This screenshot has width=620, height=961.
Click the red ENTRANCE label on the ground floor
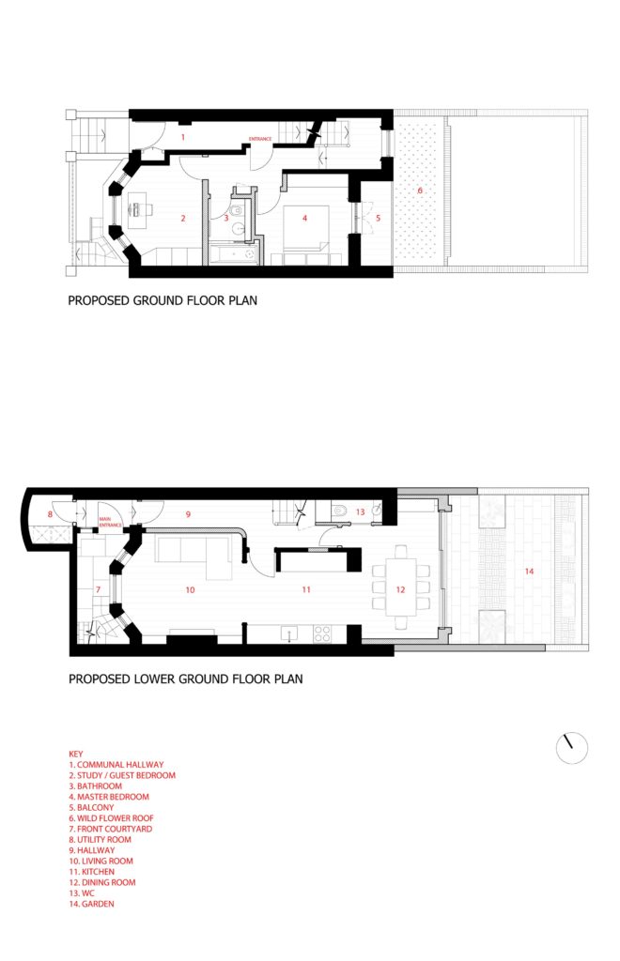coord(260,140)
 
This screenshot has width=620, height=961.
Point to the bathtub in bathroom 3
coord(230,252)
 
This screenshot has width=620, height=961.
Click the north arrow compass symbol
coord(571,747)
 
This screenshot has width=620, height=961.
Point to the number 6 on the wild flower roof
coord(420,191)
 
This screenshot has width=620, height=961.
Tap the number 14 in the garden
coord(529,571)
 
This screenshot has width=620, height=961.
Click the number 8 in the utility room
coord(50,514)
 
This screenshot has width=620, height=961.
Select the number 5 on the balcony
coord(379,218)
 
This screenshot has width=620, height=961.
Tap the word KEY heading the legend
coord(76,754)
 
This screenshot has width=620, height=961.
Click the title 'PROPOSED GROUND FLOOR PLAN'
coord(163,302)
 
